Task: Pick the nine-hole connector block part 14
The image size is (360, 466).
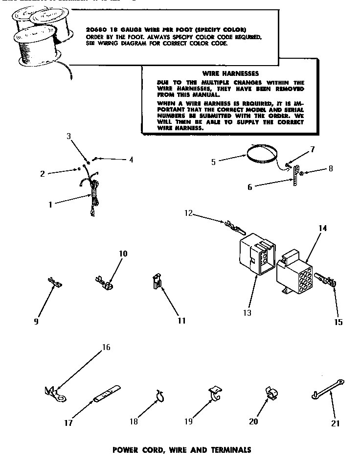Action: (x=294, y=271)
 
